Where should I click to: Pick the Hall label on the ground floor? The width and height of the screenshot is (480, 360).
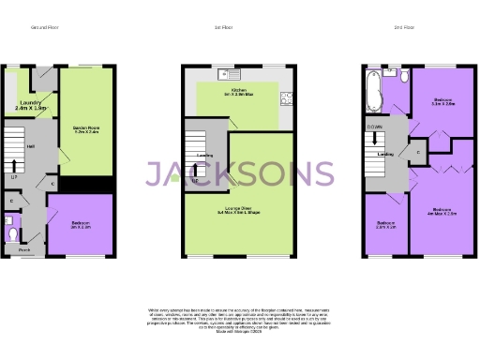coord(31,147)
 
